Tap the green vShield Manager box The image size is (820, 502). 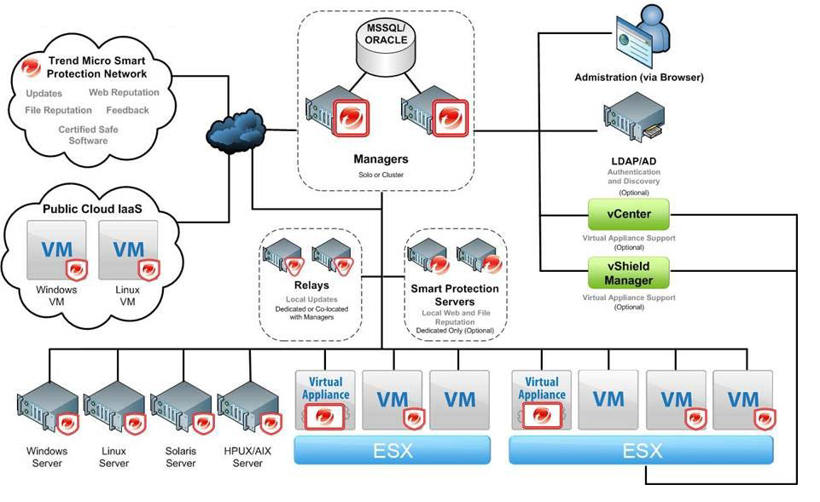point(629,273)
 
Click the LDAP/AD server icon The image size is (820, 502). point(632,121)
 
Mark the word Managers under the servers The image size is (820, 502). point(381,159)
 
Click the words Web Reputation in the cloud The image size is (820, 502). point(124,92)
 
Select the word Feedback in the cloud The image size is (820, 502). point(127,110)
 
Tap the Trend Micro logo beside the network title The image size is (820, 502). point(32,67)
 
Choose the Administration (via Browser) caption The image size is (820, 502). point(638,78)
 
